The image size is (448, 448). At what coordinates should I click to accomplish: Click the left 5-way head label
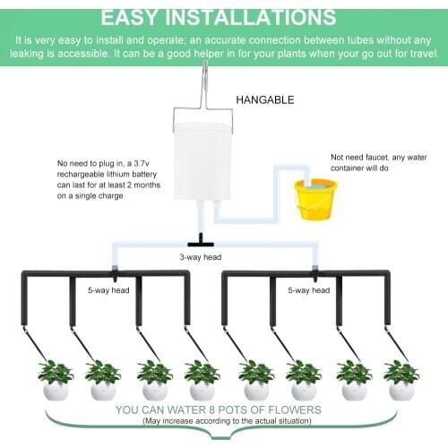tap(106, 290)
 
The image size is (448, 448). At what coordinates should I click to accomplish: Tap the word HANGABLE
tap(264, 99)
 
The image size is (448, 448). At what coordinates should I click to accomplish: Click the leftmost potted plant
tap(56, 379)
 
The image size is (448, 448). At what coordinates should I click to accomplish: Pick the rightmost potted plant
tap(401, 379)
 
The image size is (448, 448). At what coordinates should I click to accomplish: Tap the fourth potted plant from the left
tap(202, 379)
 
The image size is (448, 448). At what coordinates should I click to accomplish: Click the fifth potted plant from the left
tap(256, 379)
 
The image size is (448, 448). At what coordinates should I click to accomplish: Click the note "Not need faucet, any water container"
tap(378, 161)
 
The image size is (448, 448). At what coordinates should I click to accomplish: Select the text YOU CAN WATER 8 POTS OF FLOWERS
tap(225, 410)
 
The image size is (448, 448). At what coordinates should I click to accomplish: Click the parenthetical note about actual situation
tap(225, 422)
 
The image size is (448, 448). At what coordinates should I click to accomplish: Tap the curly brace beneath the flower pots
tap(224, 435)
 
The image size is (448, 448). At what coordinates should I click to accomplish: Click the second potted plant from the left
tap(102, 379)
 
